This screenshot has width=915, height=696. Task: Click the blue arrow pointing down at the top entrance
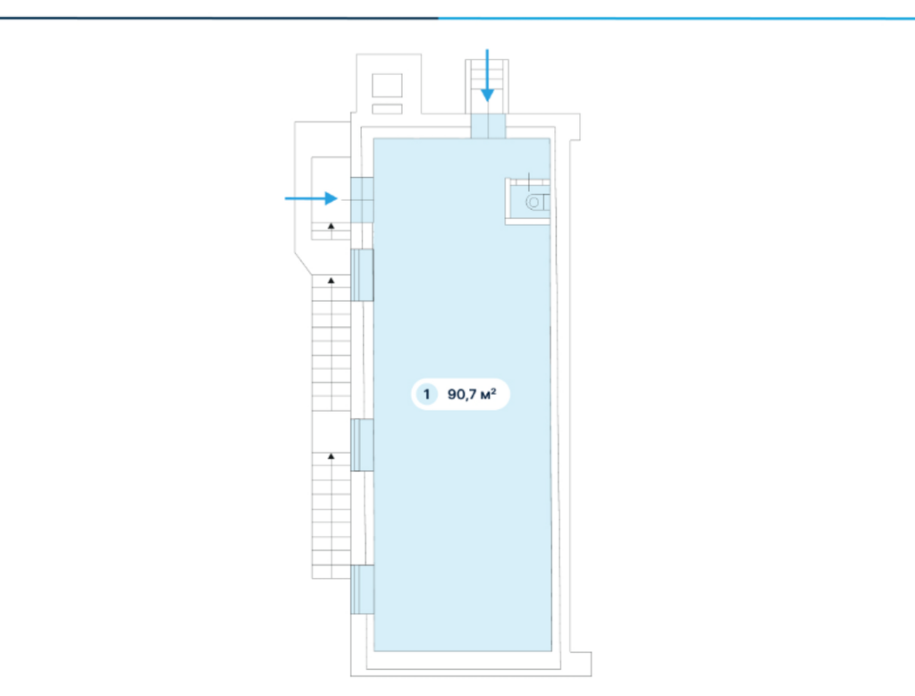(x=487, y=76)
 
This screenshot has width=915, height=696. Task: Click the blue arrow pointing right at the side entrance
(x=311, y=198)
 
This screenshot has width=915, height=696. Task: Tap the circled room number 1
(x=426, y=394)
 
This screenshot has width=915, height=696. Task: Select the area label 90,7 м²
(x=472, y=394)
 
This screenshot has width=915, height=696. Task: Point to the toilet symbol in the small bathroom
(x=537, y=203)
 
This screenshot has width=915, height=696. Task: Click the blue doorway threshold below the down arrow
(x=488, y=126)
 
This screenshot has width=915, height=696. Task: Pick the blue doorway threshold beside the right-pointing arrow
(x=362, y=200)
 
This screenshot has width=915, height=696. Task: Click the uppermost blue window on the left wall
(x=362, y=275)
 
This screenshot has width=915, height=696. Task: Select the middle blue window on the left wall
(x=362, y=445)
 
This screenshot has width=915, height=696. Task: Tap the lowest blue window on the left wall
(x=362, y=590)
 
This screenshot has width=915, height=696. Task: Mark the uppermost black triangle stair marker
(x=331, y=226)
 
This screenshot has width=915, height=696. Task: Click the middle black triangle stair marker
(x=331, y=281)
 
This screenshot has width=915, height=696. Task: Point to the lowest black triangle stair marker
(x=331, y=456)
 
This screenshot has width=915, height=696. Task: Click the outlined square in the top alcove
(x=387, y=86)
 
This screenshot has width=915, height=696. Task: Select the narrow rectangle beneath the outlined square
(x=387, y=109)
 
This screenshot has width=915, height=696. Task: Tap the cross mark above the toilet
(x=529, y=182)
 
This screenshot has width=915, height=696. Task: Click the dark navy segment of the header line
(x=219, y=18)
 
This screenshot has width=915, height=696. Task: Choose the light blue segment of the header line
(x=676, y=18)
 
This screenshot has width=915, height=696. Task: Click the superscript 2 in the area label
(x=493, y=390)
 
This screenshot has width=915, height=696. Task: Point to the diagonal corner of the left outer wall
(x=303, y=263)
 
